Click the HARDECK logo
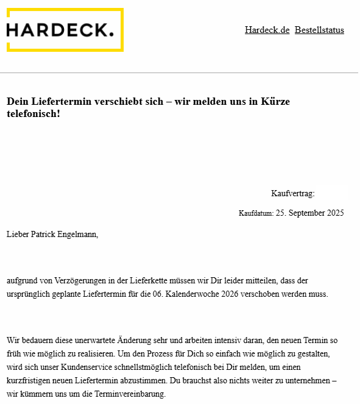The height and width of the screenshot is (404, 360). pyautogui.click(x=64, y=30)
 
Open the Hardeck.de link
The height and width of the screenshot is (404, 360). pyautogui.click(x=267, y=30)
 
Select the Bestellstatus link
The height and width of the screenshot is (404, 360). pyautogui.click(x=319, y=30)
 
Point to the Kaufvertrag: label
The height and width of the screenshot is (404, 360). pyautogui.click(x=292, y=194)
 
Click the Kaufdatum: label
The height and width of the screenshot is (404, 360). pyautogui.click(x=256, y=214)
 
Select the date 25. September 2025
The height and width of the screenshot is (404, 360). pyautogui.click(x=310, y=213)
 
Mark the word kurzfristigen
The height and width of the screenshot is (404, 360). pyautogui.click(x=30, y=381)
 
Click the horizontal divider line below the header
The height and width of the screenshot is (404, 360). pyautogui.click(x=179, y=73)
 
